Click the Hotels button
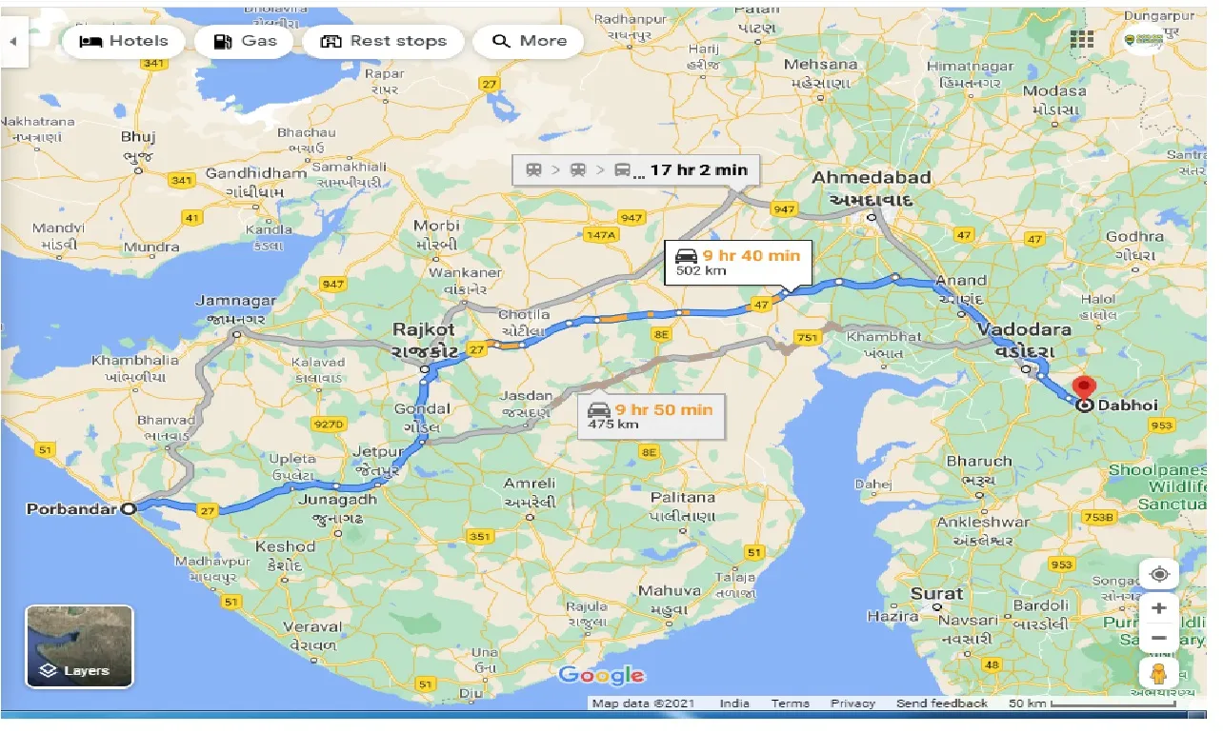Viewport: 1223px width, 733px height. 123,41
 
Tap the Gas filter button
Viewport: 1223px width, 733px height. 245,41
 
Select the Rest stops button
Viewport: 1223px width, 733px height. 383,41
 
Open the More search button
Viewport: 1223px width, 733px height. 529,41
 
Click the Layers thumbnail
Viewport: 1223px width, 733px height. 79,646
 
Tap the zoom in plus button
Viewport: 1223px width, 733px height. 1158,607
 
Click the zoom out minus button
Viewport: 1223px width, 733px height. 1158,638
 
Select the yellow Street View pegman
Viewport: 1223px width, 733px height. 1158,674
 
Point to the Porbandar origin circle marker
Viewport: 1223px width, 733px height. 130,508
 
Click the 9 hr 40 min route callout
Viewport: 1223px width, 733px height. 738,262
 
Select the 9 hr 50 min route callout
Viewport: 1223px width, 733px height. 651,416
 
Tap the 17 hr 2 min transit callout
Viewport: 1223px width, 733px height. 636,170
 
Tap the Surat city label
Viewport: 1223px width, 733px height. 936,593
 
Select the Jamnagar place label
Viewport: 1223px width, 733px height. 235,301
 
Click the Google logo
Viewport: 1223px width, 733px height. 601,676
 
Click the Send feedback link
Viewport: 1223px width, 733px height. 941,703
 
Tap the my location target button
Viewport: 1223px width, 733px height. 1158,574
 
